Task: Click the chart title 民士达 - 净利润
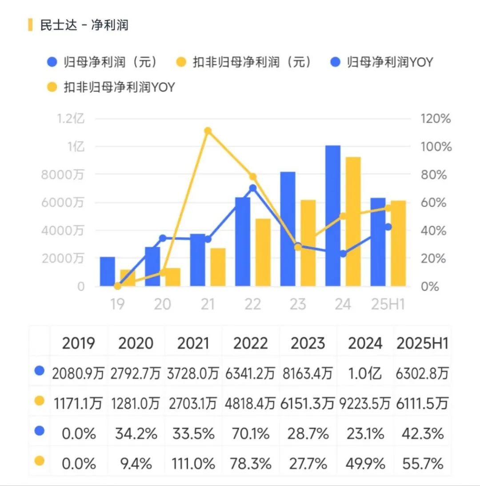pyautogui.click(x=84, y=25)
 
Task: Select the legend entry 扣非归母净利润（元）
pyautogui.click(x=252, y=62)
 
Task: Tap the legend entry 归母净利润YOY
pyautogui.click(x=389, y=62)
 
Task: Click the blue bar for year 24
pyautogui.click(x=333, y=215)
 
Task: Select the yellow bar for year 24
pyautogui.click(x=353, y=221)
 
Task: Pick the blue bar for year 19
pyautogui.click(x=107, y=271)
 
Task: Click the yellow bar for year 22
pyautogui.click(x=263, y=252)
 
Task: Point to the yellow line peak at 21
pyautogui.click(x=208, y=131)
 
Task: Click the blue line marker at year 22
pyautogui.click(x=253, y=188)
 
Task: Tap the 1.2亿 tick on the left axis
pyautogui.click(x=70, y=119)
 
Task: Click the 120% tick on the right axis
pyautogui.click(x=436, y=119)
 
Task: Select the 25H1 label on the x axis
pyautogui.click(x=388, y=305)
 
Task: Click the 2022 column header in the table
pyautogui.click(x=250, y=343)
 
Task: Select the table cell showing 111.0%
pyautogui.click(x=193, y=464)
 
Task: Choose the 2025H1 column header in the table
pyautogui.click(x=422, y=343)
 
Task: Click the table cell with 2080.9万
pyautogui.click(x=78, y=373)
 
